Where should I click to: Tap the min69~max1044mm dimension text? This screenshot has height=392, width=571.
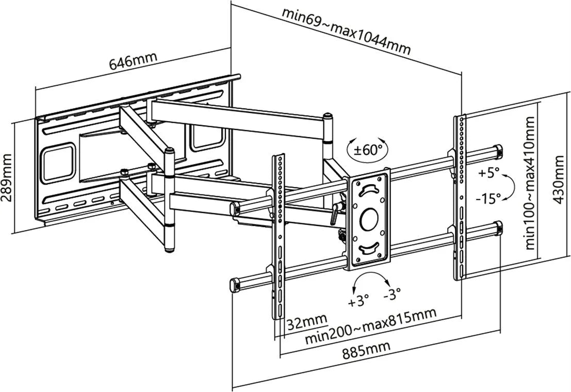[346, 31]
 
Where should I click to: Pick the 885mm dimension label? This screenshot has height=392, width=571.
[366, 350]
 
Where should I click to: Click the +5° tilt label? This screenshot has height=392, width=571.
[490, 173]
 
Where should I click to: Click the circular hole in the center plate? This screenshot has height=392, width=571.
[369, 218]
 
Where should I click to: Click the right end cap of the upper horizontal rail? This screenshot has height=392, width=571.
[498, 151]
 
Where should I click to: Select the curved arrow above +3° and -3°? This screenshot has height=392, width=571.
[370, 279]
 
